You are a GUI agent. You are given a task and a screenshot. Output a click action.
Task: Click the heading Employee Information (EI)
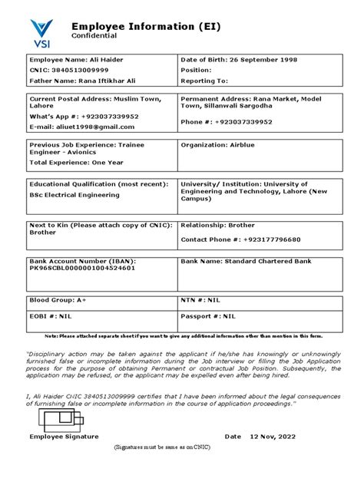(x=146, y=26)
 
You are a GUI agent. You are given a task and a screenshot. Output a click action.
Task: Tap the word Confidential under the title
(x=94, y=36)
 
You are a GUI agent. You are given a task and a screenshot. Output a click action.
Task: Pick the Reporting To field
(x=204, y=80)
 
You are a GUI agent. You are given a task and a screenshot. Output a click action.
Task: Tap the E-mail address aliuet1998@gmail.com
(x=76, y=126)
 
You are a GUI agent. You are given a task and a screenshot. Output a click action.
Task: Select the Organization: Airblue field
(x=213, y=144)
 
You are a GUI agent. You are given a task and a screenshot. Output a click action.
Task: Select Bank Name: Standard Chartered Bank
(x=246, y=261)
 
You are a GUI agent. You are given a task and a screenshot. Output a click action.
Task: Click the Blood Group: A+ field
(x=58, y=301)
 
